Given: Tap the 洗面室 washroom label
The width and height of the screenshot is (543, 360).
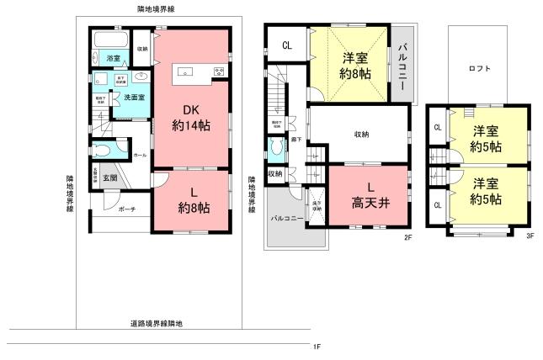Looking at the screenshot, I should pos(130,98).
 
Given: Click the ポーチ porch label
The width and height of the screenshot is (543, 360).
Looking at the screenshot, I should pos(127,208).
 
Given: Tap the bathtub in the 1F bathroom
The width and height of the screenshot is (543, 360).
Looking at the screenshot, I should pos(109,40).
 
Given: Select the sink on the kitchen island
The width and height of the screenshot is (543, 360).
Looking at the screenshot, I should pos(186,70).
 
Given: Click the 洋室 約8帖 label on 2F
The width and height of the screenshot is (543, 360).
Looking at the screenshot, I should pos(354,66).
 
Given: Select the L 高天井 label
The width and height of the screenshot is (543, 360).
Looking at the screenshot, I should pos(368,194).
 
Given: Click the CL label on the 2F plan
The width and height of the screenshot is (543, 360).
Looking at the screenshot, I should pos(286,45).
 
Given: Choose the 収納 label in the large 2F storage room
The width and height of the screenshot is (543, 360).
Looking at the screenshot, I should pos(361,134).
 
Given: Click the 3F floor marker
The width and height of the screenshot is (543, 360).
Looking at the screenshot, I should pos(530,236).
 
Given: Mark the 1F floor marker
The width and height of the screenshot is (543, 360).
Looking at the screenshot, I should pos(317,347).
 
